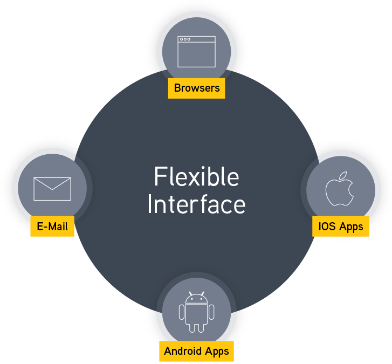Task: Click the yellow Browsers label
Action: pos(196,88)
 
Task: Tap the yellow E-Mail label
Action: pos(52,226)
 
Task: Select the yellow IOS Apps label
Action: pos(340,225)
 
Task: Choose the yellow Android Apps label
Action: pos(196,351)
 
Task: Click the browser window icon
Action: pos(196,52)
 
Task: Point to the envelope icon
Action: pos(52,189)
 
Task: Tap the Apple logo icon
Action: pos(339,189)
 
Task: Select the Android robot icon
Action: pos(196,312)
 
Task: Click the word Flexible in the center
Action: pos(196,177)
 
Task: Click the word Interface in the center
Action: pos(196,205)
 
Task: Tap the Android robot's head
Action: pos(196,298)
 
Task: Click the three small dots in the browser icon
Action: pos(185,39)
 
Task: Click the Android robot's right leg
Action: pos(201,327)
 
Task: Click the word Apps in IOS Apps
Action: pos(350,226)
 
